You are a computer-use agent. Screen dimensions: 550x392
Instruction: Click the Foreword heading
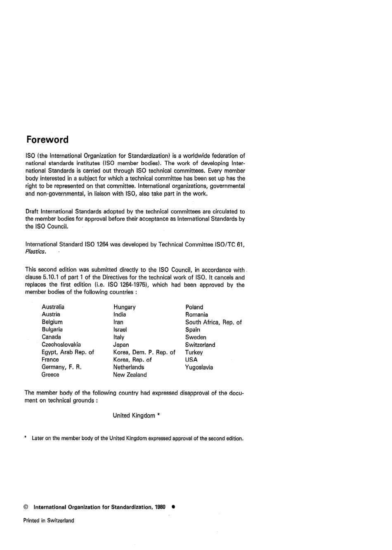47,139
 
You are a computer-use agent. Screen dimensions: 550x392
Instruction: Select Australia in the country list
53,307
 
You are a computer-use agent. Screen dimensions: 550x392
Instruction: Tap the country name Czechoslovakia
61,344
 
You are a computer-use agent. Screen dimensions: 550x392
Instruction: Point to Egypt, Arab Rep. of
68,352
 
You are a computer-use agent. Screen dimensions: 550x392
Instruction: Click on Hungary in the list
124,307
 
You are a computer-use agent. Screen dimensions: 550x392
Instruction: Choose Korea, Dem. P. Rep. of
144,352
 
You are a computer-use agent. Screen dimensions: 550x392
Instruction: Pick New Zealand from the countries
130,375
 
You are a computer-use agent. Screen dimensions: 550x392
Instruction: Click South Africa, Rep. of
213,322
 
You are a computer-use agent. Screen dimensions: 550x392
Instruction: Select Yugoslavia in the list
199,367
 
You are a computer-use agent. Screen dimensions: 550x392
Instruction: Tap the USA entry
191,360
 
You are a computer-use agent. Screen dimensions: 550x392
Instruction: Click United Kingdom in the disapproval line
134,416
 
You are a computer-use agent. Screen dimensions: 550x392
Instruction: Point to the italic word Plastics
35,251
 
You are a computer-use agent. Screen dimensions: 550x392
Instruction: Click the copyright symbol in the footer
26,507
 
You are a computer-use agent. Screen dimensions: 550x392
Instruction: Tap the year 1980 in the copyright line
160,507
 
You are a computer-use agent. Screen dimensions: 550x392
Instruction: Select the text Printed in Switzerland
49,520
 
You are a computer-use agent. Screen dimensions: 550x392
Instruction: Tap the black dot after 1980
174,507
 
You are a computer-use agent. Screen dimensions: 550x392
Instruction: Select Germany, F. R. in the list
61,367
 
